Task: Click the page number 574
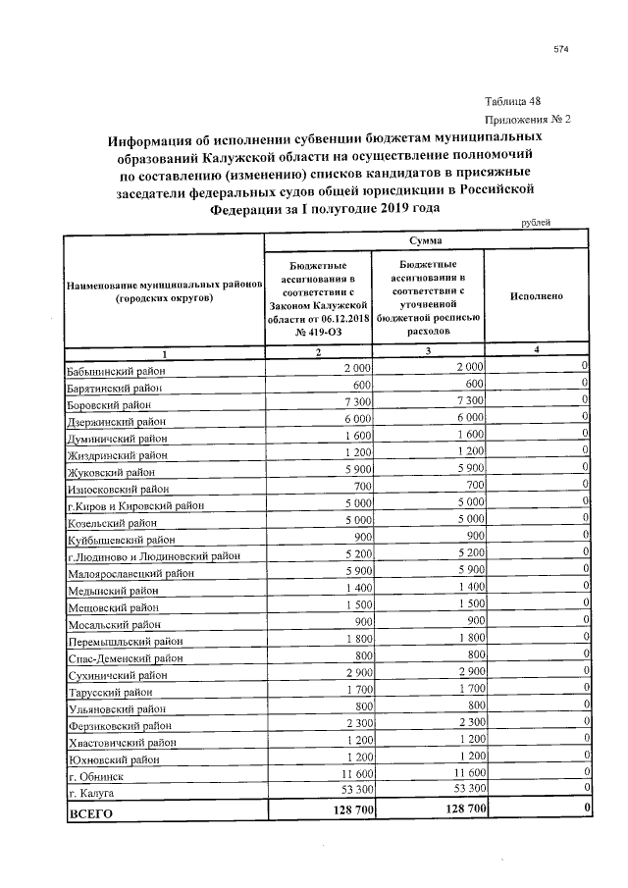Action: point(561,49)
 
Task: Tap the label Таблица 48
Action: point(512,101)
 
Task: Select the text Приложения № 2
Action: point(527,119)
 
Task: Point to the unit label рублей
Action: point(536,223)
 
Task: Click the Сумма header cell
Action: point(425,239)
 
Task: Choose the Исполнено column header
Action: point(537,295)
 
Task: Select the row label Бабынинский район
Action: point(116,372)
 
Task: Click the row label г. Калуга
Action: point(91,793)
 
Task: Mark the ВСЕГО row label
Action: point(90,813)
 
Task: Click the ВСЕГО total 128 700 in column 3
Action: point(456,811)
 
